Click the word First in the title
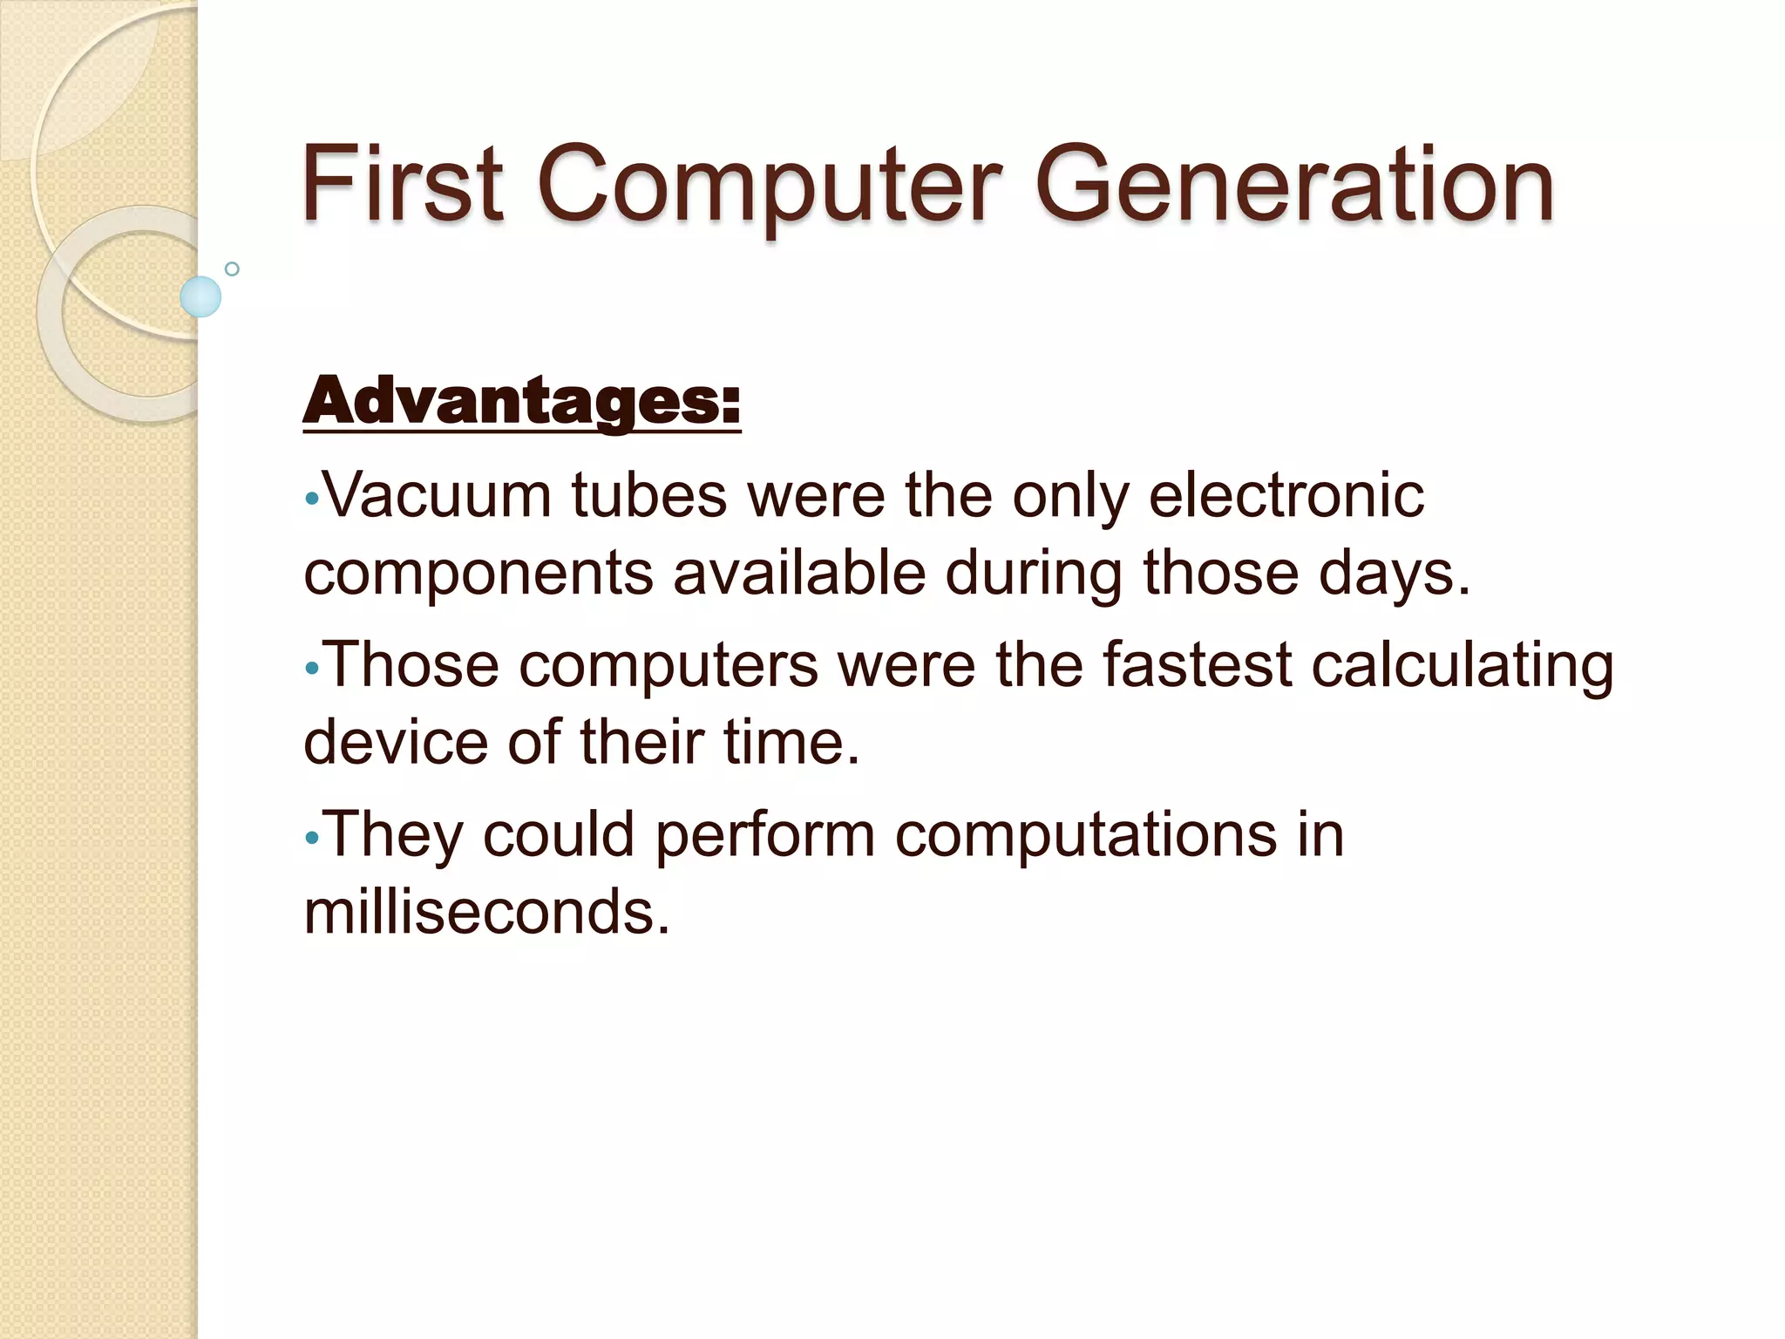tap(402, 185)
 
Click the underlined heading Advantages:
tap(521, 402)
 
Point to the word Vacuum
tap(438, 496)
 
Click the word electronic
tap(1286, 496)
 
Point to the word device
tap(395, 742)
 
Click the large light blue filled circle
tap(200, 296)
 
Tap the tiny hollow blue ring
tap(232, 269)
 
